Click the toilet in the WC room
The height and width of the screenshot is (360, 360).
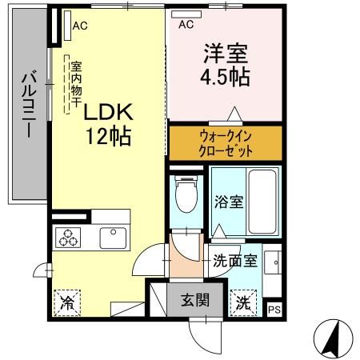[x=186, y=194]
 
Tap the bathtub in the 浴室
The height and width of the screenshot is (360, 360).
[x=262, y=202]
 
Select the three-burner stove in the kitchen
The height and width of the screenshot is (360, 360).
[x=68, y=238]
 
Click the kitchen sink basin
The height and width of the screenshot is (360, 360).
[x=113, y=238]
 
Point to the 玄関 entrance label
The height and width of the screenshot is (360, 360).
[x=195, y=300]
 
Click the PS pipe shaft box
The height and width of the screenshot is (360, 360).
[x=274, y=310]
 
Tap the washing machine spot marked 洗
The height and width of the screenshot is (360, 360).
[x=243, y=302]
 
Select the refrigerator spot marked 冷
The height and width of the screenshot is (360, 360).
[x=67, y=302]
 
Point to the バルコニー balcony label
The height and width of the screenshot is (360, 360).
[x=29, y=104]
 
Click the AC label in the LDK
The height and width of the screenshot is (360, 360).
[x=80, y=26]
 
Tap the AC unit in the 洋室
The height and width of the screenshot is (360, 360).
[x=186, y=14]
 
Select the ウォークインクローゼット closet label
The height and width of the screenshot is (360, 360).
[x=226, y=144]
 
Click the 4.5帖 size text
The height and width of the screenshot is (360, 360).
[x=225, y=77]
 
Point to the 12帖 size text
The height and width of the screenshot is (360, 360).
[x=108, y=136]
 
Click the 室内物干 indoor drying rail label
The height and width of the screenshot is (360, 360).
[x=76, y=84]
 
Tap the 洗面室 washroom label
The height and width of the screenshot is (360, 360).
[x=235, y=261]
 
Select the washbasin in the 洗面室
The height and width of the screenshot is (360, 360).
[x=272, y=262]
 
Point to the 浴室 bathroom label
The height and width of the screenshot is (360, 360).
[x=229, y=202]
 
